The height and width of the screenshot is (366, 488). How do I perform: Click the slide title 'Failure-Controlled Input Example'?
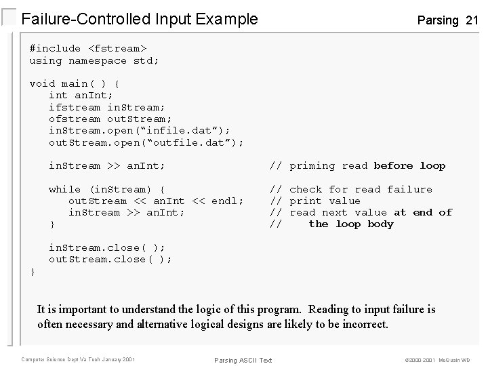[140, 19]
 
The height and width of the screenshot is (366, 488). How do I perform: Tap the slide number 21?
[472, 20]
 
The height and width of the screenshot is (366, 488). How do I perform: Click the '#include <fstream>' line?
[88, 49]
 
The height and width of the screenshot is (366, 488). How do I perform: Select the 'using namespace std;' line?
[94, 60]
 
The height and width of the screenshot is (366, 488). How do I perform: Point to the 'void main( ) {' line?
[75, 83]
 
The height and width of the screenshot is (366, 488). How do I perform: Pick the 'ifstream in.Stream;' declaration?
[107, 107]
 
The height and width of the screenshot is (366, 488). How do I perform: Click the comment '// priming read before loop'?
[357, 165]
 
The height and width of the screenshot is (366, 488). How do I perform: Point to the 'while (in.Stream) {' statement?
[107, 189]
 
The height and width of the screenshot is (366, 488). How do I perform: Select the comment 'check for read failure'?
[361, 189]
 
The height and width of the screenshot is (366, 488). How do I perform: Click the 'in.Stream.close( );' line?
[107, 247]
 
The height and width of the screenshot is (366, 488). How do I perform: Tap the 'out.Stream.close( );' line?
[110, 259]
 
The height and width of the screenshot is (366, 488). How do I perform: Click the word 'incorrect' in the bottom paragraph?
[363, 324]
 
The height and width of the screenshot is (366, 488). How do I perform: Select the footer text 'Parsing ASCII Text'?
[242, 360]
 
